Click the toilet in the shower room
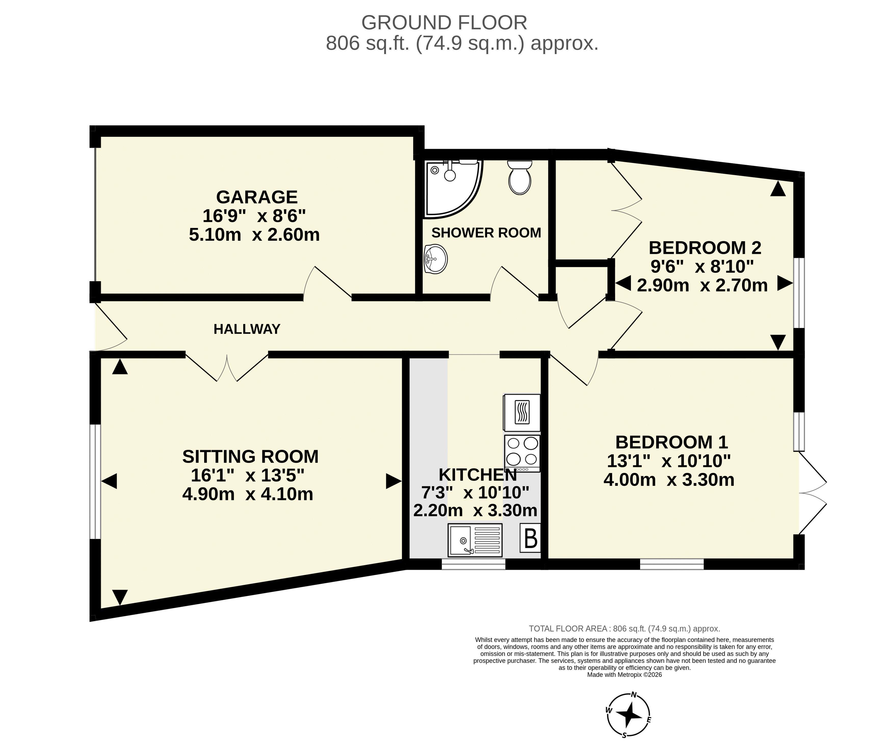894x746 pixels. tap(520, 177)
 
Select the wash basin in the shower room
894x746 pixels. tap(435, 259)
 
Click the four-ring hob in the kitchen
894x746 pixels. tap(522, 453)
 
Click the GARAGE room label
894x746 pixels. tap(257, 197)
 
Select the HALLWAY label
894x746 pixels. tap(247, 329)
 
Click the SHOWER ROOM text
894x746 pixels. tap(486, 233)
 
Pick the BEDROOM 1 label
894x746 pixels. tap(672, 442)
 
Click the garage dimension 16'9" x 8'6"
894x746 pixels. tap(254, 216)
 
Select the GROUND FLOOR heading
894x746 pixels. tap(444, 23)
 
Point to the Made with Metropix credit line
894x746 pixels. tap(625, 674)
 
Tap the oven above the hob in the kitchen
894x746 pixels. tap(522, 413)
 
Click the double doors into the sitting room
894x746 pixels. tap(227, 367)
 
